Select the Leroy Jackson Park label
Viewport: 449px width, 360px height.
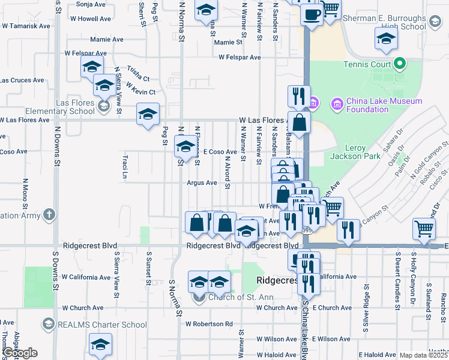point(355,152)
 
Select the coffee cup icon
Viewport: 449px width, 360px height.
point(311,14)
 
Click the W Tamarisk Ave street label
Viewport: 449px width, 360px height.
point(26,26)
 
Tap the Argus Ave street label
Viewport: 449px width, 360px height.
point(202,183)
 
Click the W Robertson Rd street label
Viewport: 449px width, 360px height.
point(208,324)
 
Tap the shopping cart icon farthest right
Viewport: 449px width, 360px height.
point(424,228)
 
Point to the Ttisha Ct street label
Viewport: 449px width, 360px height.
point(138,79)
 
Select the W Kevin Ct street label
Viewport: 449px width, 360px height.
point(140,92)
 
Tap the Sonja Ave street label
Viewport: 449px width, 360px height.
point(91,4)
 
